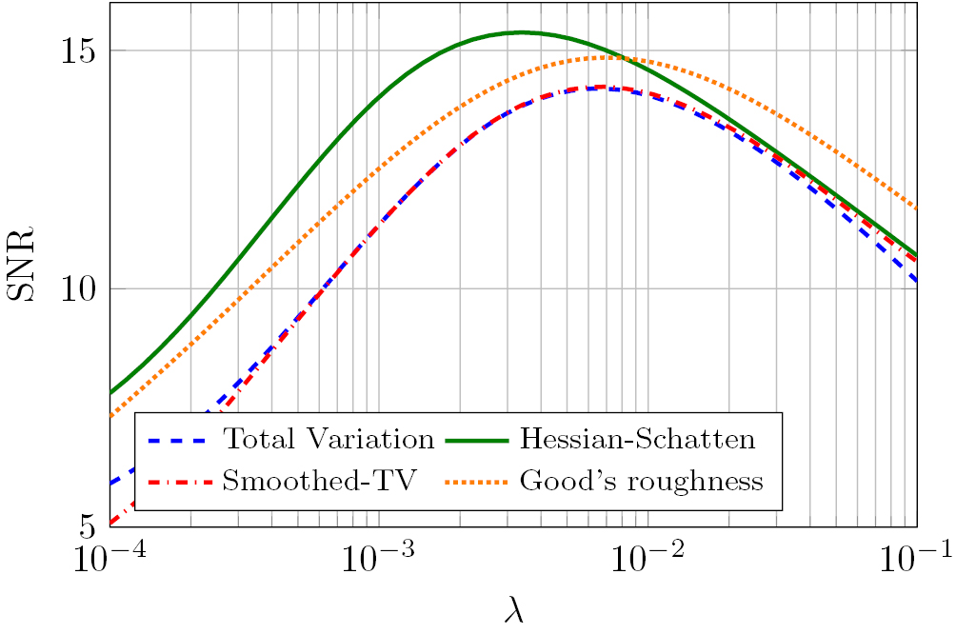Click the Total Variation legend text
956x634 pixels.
[328, 440]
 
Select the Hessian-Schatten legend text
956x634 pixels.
[637, 440]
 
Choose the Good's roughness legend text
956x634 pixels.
[641, 481]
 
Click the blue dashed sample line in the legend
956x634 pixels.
[180, 441]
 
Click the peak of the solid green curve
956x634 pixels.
[521, 32]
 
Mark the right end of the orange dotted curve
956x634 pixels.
[916, 208]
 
